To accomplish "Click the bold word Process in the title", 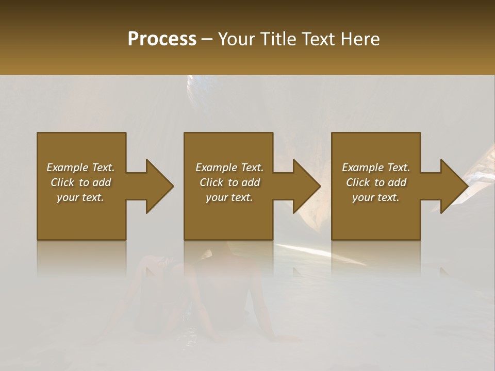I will (x=162, y=39).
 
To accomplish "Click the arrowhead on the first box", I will (x=157, y=186).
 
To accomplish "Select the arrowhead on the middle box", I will (x=304, y=186).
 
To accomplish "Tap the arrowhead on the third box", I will (x=452, y=186).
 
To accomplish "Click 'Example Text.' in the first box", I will (x=80, y=167).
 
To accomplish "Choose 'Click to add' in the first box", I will (x=80, y=182).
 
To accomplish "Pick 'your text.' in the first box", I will (x=80, y=197).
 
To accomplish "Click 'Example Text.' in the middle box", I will (x=229, y=167).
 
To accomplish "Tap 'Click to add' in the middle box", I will (x=229, y=182).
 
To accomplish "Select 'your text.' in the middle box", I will (x=229, y=197).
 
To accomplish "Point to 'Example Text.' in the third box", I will (x=376, y=167).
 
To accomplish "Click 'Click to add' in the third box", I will (x=376, y=182).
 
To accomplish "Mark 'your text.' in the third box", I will (x=376, y=197).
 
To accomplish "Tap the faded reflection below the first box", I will (x=81, y=258).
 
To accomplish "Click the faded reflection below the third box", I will (x=376, y=258).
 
